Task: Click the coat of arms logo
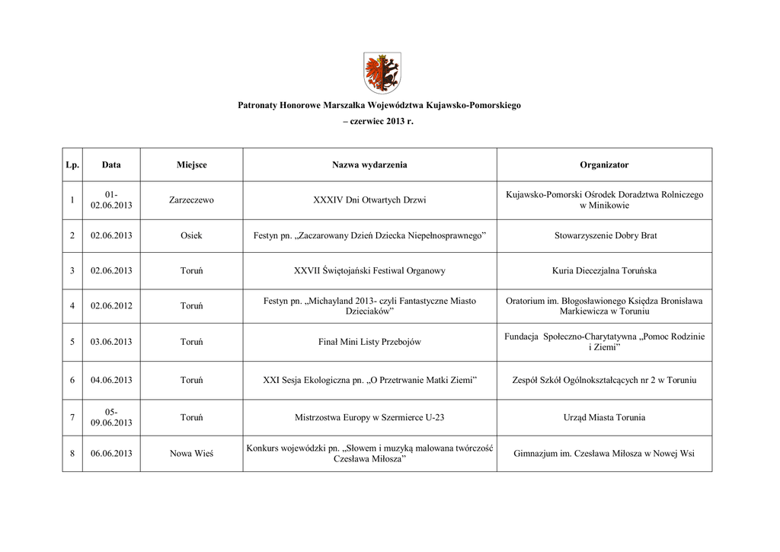coord(382,73)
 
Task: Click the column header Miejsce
coord(191,164)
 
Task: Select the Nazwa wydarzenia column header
coord(369,164)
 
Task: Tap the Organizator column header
coord(604,164)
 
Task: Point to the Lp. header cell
coord(72,164)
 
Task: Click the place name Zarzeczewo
coord(191,200)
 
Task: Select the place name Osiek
coord(191,236)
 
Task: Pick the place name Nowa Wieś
coord(191,454)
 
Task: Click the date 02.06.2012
coord(111,306)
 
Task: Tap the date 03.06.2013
coord(111,342)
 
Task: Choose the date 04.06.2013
coord(111,380)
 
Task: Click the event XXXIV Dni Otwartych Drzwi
coord(369,200)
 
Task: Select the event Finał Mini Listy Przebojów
coord(369,342)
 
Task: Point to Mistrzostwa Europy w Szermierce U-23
coord(369,417)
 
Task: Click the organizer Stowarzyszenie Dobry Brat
coord(605,236)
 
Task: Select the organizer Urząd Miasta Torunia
coord(604,417)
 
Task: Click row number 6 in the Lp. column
coord(72,380)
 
